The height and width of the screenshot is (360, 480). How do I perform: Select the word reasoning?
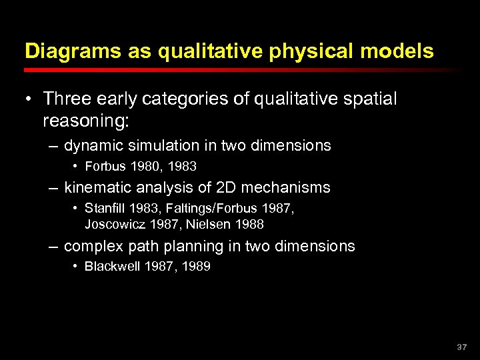83,121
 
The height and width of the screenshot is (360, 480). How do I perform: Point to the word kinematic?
97,188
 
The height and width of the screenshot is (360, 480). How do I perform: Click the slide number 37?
462,347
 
